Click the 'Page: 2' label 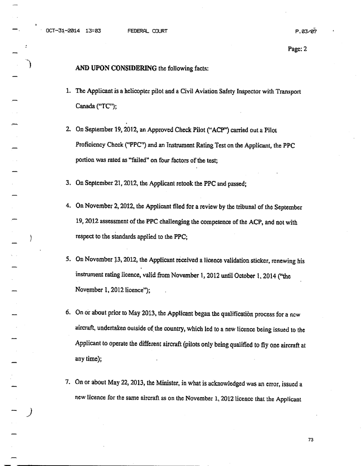[x=297, y=49]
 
